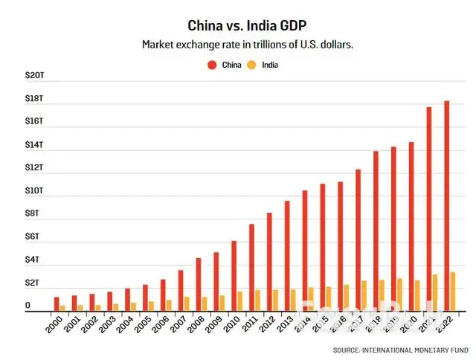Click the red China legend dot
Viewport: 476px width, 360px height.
pos(211,65)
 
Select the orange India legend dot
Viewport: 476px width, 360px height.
pos(252,65)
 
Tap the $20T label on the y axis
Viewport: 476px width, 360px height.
pos(34,75)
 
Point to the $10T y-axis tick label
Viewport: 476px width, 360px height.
pos(34,191)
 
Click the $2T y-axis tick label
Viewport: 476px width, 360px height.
pos(34,283)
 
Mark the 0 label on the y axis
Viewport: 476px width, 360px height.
pos(28,306)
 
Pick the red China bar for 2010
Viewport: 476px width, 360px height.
pos(234,275)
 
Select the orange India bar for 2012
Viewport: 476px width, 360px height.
pos(275,300)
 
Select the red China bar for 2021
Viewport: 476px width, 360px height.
pos(428,208)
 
